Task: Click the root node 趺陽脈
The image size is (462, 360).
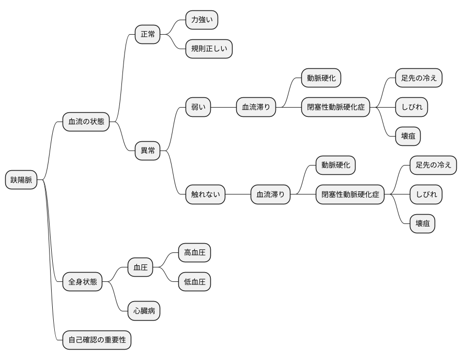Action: coord(21,179)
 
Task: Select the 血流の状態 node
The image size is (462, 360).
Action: coord(86,122)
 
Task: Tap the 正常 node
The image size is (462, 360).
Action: coord(148,34)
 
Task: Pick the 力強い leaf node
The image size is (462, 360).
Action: coord(202,20)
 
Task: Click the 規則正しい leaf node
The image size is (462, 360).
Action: coord(209,49)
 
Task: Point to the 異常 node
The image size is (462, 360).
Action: coord(148,151)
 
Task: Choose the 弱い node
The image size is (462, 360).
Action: coord(198,107)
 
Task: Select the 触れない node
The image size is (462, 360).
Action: coord(205,194)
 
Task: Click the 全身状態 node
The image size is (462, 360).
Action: coord(83,281)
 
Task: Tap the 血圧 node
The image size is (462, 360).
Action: coord(140,267)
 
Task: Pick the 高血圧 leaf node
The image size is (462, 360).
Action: coord(194,253)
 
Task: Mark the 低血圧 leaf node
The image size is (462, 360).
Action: coord(194,281)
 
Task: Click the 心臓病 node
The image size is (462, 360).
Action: coord(144,311)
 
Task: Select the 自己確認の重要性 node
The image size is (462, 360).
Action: coord(97,340)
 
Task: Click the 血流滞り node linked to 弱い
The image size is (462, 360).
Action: coord(256,107)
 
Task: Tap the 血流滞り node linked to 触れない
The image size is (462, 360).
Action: coord(270,194)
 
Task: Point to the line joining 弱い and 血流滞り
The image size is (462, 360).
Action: coord(223,107)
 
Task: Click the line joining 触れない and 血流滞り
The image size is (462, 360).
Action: coord(238,194)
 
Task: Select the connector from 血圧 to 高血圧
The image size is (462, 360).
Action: coord(165,260)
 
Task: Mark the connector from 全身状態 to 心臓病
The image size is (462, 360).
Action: coord(115,296)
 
